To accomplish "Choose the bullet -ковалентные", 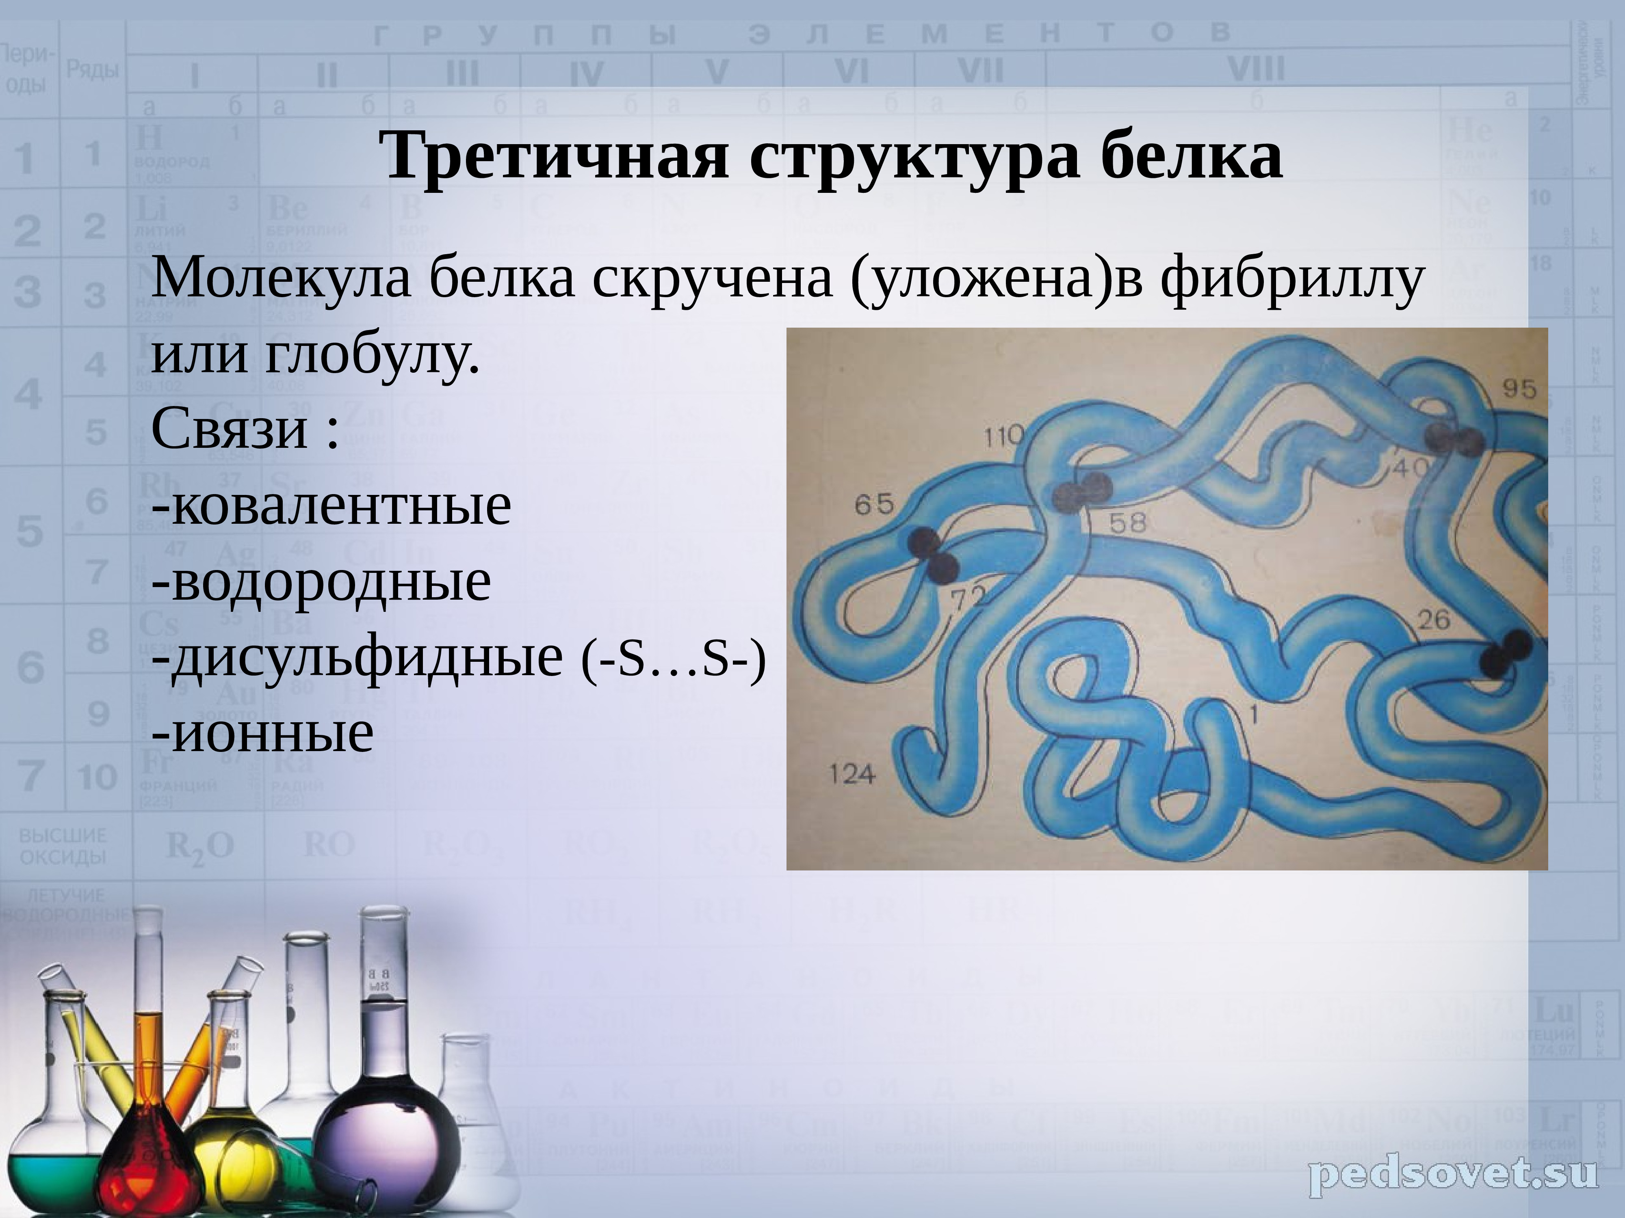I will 331,505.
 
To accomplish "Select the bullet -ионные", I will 262,733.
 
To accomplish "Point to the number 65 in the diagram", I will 874,504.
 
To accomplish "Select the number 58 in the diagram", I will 1128,523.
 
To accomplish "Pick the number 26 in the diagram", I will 1433,620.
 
